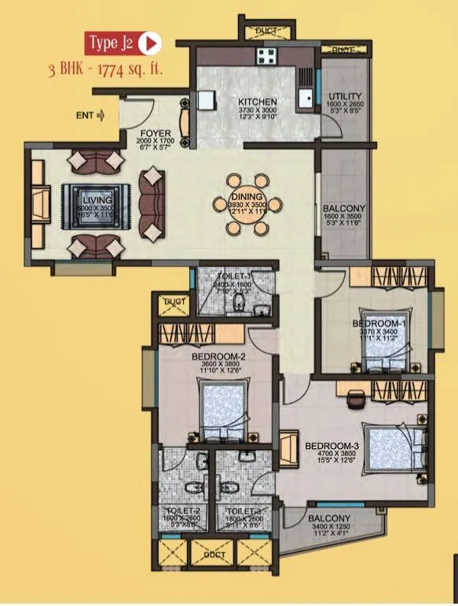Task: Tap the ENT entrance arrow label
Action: [90, 116]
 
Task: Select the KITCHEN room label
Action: [257, 102]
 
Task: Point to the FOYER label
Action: [151, 133]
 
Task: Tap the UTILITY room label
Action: [344, 97]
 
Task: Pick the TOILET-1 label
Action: [233, 276]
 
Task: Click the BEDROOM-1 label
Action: [379, 323]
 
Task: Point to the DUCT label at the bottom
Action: [214, 554]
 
